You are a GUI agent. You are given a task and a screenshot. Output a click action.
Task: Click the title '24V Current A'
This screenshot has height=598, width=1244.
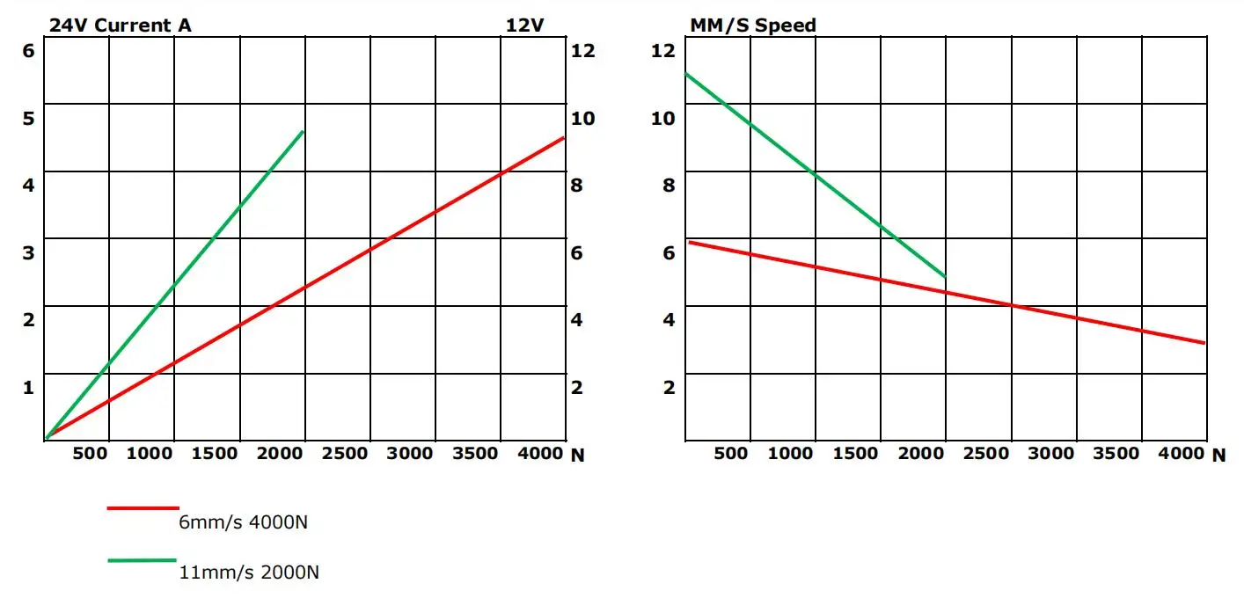[x=120, y=26]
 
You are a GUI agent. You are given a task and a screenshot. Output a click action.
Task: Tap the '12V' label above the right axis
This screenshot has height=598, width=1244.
[x=524, y=26]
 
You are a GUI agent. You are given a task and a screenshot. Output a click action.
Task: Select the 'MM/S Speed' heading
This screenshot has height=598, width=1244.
[x=752, y=26]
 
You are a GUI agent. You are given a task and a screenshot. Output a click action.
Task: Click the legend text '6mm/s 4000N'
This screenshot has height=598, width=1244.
[x=244, y=522]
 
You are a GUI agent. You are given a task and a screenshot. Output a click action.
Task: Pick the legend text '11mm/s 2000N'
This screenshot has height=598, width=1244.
[x=249, y=572]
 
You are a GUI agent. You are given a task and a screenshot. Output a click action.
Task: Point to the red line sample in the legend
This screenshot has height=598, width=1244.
[x=143, y=507]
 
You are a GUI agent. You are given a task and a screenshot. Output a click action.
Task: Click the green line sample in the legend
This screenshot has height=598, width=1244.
[x=143, y=559]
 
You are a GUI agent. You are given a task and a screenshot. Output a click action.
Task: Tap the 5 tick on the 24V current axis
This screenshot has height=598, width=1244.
[x=28, y=118]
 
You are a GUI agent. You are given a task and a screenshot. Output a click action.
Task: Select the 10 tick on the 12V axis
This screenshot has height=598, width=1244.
[x=583, y=118]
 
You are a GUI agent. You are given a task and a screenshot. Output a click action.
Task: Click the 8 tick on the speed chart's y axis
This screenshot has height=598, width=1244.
[x=669, y=186]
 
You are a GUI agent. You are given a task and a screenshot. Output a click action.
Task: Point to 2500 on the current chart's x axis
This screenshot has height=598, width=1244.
[x=345, y=454]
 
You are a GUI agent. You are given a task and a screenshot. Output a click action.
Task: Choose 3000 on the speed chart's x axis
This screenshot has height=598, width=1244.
[x=1051, y=454]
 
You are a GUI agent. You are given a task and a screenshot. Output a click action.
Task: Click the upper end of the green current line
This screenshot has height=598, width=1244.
[x=303, y=132]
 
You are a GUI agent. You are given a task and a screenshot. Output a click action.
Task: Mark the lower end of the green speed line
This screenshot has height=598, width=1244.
[x=945, y=277]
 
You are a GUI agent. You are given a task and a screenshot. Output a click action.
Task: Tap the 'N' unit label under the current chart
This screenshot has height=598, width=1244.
[x=578, y=455]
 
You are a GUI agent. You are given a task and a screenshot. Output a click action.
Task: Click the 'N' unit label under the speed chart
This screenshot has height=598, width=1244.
[x=1218, y=455]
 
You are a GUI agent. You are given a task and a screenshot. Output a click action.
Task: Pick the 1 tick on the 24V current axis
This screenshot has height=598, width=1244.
[x=28, y=387]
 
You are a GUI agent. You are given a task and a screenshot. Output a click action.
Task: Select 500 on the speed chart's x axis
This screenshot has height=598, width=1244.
[x=731, y=454]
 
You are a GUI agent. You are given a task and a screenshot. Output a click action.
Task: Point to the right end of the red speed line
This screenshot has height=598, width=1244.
[x=1204, y=343]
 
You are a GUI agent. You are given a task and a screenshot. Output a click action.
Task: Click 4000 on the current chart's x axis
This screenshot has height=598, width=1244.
[x=540, y=454]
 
